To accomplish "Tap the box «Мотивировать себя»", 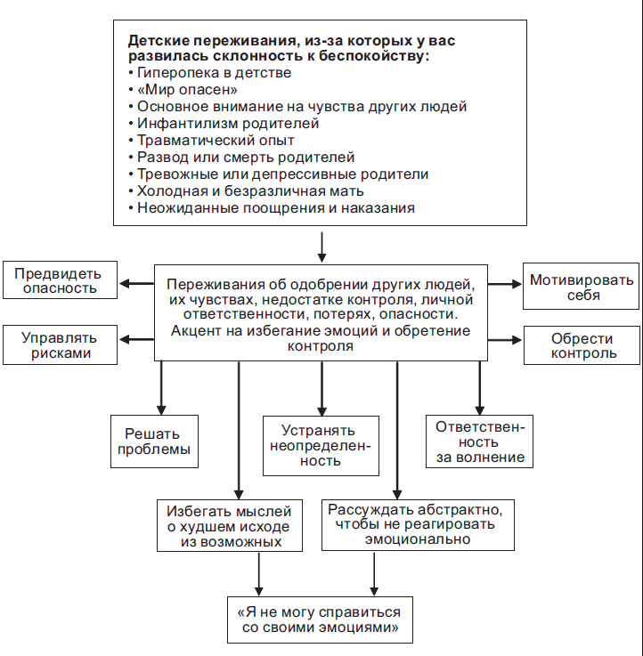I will click(x=582, y=288).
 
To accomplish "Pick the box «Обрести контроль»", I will click(x=582, y=345).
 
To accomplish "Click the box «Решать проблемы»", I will click(x=154, y=441).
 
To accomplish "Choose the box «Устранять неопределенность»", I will click(x=321, y=445).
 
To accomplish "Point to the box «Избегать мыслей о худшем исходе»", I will click(x=229, y=525).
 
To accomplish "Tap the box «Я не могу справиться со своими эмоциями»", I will click(x=319, y=620).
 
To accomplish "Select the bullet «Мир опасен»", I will click(x=187, y=90).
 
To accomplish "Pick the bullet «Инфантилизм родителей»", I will click(x=227, y=124).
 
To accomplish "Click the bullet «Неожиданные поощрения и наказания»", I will click(x=275, y=208).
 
